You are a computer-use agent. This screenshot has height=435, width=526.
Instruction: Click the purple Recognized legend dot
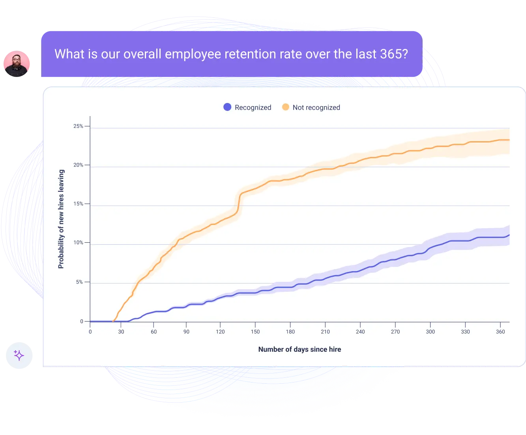227,107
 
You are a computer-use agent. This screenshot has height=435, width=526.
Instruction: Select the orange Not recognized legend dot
285,107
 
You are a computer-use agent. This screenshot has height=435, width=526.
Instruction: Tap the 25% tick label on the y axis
78,126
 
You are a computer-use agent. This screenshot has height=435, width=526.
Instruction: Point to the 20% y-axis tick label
78,165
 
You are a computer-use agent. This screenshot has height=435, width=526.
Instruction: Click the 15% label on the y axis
78,204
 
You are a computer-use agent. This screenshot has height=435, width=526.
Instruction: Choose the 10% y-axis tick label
78,243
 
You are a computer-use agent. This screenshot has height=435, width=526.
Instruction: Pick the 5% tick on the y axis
79,282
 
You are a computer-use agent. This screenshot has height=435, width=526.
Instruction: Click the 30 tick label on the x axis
121,332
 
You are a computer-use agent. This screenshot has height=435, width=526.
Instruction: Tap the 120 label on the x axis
220,332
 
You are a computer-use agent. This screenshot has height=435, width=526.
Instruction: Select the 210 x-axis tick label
325,332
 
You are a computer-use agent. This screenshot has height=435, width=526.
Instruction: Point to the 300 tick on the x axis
430,332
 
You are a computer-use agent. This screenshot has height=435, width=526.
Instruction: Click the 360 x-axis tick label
500,332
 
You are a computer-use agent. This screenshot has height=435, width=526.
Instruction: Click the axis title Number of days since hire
300,349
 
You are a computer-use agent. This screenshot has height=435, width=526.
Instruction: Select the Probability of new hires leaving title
61,219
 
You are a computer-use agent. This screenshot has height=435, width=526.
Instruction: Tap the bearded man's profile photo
17,64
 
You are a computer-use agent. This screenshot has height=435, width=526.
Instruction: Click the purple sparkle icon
19,355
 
